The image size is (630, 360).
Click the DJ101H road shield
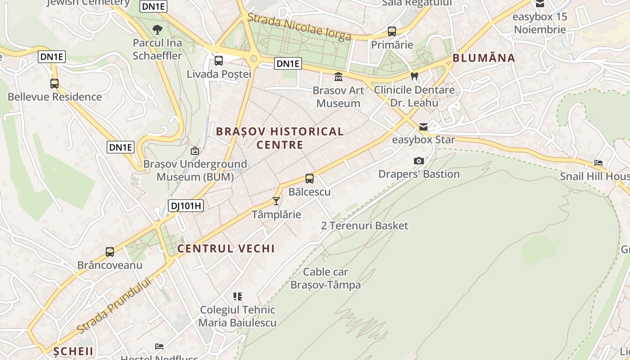click(x=186, y=206)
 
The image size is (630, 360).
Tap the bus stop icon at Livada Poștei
click(x=219, y=61)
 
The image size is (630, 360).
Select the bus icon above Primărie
click(x=392, y=31)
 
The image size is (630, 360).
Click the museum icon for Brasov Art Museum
click(x=338, y=77)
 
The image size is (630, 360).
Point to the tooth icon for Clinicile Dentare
click(x=414, y=76)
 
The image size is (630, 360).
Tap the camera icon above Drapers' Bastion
click(x=418, y=161)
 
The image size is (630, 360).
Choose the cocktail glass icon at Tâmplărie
click(x=276, y=201)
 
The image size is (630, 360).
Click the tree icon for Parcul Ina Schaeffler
click(x=157, y=30)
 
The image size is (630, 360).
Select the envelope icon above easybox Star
click(x=423, y=126)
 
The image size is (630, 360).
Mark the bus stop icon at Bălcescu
click(x=310, y=179)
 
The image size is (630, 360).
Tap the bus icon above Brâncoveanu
click(x=110, y=252)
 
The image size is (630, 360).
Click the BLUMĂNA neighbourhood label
click(x=484, y=58)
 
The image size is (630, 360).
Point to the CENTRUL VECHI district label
click(x=226, y=248)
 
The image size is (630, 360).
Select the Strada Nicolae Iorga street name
click(x=299, y=27)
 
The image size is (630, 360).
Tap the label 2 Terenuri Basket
click(x=364, y=225)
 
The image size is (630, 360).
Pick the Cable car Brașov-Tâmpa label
click(x=326, y=279)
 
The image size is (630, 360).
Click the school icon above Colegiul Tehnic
click(x=238, y=296)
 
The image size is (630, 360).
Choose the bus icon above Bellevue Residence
click(x=54, y=83)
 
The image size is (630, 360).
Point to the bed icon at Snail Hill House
click(x=598, y=163)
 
